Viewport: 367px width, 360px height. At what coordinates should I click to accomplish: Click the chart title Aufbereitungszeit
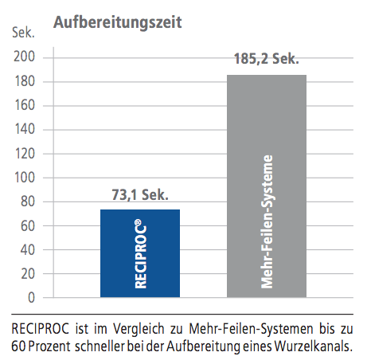click(x=118, y=22)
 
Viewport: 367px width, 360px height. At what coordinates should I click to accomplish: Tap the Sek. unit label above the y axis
click(x=23, y=33)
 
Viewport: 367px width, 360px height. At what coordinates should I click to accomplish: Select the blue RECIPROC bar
click(x=140, y=253)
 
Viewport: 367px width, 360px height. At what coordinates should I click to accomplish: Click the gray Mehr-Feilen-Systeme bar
click(x=267, y=186)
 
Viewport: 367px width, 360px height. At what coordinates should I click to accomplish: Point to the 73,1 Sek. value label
click(x=140, y=195)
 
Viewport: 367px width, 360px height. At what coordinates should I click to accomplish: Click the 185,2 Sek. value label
click(x=267, y=59)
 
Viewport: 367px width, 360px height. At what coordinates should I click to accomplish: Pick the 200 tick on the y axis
click(x=24, y=57)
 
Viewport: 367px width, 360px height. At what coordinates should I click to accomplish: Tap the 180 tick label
click(x=25, y=81)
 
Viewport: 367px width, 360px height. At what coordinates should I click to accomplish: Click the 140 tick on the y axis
click(x=25, y=129)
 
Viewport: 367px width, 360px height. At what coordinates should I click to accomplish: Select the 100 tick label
click(x=25, y=178)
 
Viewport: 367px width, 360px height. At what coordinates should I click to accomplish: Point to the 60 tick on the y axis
click(x=28, y=226)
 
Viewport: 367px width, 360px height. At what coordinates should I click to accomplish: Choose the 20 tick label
click(x=28, y=274)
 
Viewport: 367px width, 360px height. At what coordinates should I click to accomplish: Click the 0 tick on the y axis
click(x=32, y=298)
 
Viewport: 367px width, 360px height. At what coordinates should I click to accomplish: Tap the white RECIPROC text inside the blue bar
click(x=141, y=253)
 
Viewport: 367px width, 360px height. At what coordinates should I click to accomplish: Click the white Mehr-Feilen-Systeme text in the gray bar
click(x=267, y=221)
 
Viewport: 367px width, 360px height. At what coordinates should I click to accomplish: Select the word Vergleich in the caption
click(x=139, y=329)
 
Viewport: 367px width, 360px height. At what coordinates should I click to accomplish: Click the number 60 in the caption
click(x=18, y=346)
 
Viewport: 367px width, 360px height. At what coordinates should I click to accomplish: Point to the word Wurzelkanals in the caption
click(x=314, y=346)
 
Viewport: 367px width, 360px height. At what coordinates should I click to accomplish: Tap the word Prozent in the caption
click(x=49, y=346)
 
